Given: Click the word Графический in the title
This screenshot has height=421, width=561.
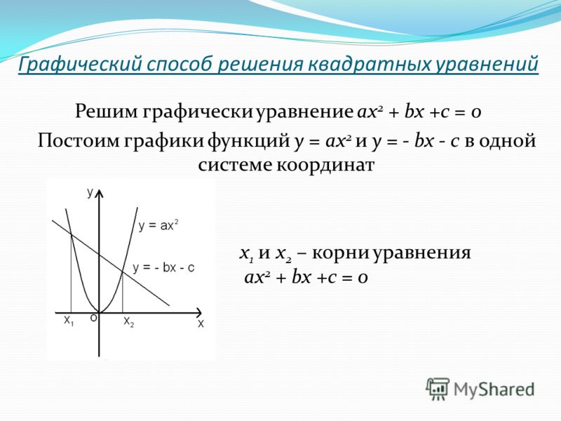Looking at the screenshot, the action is click(79, 65).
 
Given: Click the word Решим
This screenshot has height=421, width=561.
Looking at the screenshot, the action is click(107, 112).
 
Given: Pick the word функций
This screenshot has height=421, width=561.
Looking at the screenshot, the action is click(248, 141).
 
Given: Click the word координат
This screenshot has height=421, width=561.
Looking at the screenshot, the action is click(325, 166).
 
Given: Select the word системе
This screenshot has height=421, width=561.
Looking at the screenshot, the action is click(235, 166).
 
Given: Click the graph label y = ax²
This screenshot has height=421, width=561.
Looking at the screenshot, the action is click(158, 225).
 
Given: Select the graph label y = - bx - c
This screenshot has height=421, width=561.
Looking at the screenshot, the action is click(163, 268).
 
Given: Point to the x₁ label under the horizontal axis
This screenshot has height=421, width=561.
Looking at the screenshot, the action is click(69, 321).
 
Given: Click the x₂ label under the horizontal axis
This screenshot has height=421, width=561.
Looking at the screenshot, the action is click(129, 322).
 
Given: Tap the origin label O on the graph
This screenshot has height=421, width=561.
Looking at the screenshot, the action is click(93, 318).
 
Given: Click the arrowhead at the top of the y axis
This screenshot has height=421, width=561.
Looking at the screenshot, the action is click(99, 194).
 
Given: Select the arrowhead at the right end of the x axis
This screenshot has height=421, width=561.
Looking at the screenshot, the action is click(199, 313).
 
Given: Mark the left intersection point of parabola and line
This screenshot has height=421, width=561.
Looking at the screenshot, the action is click(72, 234).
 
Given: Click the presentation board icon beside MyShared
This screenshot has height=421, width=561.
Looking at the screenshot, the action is click(438, 389).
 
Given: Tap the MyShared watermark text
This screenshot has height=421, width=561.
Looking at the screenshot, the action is click(494, 389).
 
